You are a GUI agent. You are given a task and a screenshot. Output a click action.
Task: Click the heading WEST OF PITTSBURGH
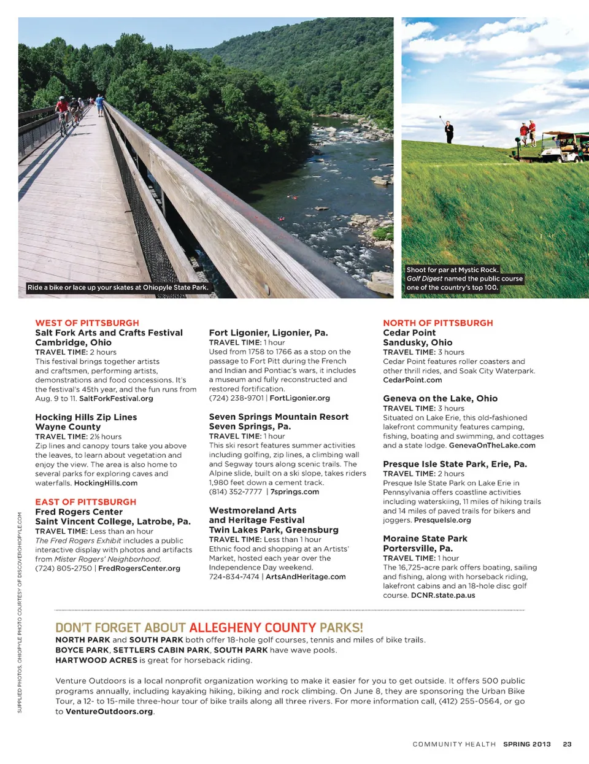87,323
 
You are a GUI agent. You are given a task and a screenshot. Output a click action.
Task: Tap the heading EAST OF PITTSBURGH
85,502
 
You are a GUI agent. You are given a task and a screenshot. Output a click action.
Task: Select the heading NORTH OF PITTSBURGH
437,323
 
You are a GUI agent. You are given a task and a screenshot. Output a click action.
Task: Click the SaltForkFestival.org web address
116,398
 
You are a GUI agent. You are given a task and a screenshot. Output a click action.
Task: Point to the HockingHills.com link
106,483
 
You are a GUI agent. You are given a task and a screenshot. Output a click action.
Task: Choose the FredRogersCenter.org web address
139,568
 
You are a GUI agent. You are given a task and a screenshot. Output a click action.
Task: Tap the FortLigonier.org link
299,398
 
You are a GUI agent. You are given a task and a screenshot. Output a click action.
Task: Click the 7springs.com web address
294,492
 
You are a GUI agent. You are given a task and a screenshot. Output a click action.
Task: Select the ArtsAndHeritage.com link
306,577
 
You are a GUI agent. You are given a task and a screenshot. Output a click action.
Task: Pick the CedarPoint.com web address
412,380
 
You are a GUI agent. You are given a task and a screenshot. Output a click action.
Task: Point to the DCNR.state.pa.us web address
443,595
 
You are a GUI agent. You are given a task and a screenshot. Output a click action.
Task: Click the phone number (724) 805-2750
63,568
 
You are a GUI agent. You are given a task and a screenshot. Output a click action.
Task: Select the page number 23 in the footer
567,744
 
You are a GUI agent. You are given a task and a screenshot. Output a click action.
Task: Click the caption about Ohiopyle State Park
118,287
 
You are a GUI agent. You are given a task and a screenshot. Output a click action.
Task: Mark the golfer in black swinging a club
449,132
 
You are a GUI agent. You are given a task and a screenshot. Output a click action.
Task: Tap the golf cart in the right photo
563,148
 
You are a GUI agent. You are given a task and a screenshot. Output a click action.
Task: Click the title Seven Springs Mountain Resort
279,417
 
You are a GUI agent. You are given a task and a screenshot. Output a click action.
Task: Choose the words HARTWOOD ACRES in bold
96,660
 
